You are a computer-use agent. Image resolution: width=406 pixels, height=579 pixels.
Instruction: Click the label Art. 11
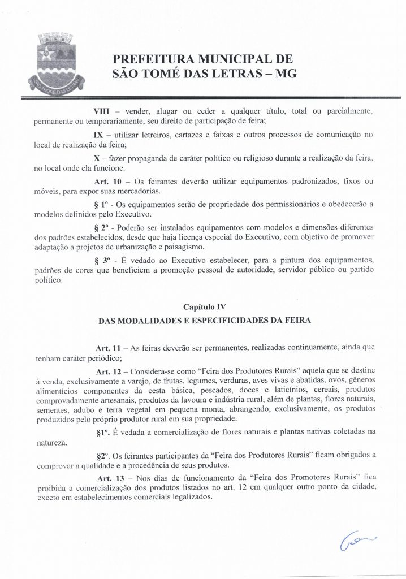(x=108, y=349)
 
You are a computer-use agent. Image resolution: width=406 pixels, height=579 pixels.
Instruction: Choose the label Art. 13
(x=108, y=479)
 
